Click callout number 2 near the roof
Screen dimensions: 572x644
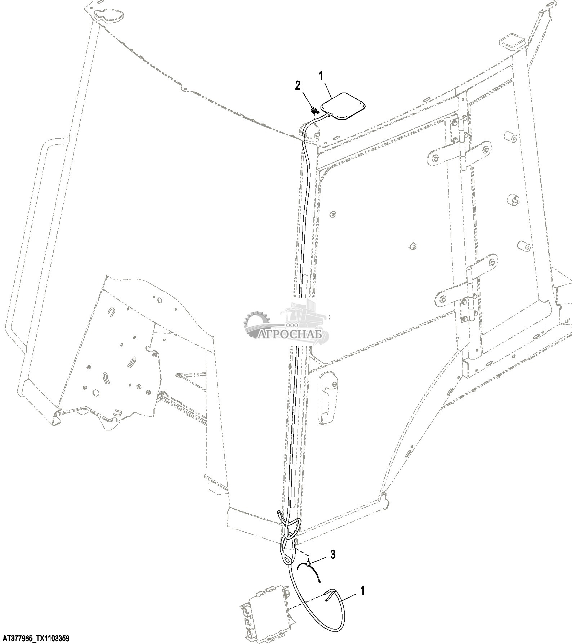297,85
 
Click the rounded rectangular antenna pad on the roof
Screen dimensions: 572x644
343,106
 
